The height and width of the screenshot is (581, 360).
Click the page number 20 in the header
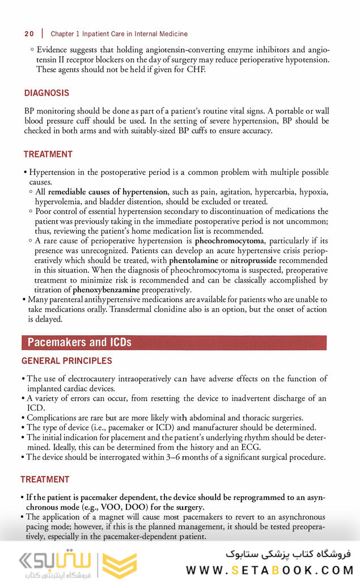pos(29,34)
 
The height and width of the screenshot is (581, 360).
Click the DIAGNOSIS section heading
pos(46,93)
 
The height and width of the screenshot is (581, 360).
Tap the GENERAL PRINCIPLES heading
pos(66,361)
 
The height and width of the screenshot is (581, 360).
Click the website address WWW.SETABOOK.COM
pos(268,570)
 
